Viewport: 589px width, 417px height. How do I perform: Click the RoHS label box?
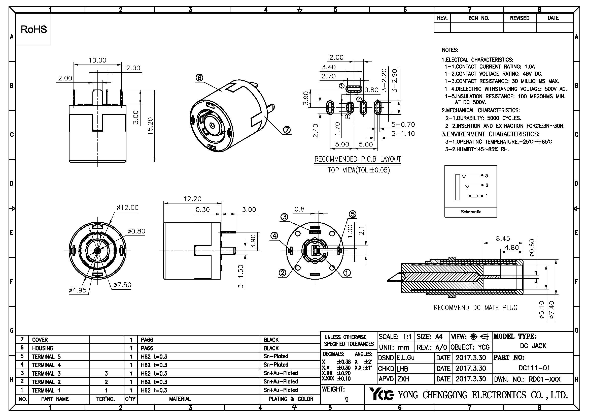pyautogui.click(x=33, y=29)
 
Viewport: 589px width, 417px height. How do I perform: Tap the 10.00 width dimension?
pyautogui.click(x=97, y=60)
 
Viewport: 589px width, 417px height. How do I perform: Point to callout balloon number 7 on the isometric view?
pyautogui.click(x=287, y=130)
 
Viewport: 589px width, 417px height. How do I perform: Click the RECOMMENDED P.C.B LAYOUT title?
pyautogui.click(x=358, y=159)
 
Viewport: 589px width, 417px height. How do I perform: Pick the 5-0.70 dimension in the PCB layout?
pyautogui.click(x=403, y=125)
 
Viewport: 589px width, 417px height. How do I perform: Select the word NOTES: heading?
pyautogui.click(x=450, y=50)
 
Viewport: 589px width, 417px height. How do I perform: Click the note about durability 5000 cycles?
pyautogui.click(x=483, y=118)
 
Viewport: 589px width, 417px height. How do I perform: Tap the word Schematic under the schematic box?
pyautogui.click(x=471, y=212)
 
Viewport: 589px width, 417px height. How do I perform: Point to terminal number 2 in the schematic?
pyautogui.click(x=487, y=185)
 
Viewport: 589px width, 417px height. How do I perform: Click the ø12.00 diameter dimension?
pyautogui.click(x=127, y=207)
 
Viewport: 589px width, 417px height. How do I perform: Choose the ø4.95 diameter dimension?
pyautogui.click(x=78, y=290)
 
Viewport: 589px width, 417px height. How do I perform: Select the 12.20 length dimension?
pyautogui.click(x=192, y=199)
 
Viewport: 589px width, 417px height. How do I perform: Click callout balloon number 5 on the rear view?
pyautogui.click(x=353, y=214)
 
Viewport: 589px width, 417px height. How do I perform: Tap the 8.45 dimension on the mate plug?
pyautogui.click(x=503, y=239)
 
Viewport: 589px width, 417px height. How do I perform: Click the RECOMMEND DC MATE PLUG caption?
pyautogui.click(x=475, y=308)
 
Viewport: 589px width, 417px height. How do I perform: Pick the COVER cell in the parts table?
pyautogui.click(x=40, y=340)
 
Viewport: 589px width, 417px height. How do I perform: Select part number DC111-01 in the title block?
pyautogui.click(x=534, y=368)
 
